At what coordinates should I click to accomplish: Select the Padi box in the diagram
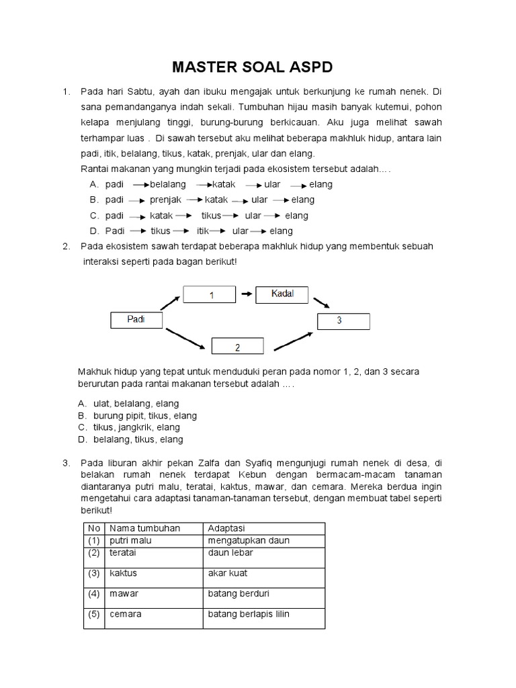coord(136,320)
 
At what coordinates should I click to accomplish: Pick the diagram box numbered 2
coord(237,347)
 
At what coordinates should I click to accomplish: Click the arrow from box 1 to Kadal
coord(246,294)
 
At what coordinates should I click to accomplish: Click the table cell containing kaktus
coord(154,573)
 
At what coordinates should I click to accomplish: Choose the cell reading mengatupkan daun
coord(263,540)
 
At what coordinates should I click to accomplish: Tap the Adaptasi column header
coord(263,528)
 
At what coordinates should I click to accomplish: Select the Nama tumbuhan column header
coord(154,528)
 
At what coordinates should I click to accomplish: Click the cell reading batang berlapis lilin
coord(263,614)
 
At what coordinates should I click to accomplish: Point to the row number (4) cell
coord(93,594)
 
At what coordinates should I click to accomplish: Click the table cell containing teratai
coord(154,552)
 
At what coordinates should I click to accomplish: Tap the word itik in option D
coord(195,231)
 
